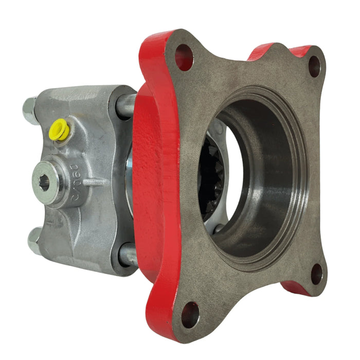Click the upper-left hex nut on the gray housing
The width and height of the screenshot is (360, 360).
[30, 110]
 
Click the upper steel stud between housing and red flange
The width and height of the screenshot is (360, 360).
[127, 105]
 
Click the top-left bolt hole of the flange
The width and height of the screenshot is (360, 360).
[184, 57]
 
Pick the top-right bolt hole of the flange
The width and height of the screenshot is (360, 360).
[314, 66]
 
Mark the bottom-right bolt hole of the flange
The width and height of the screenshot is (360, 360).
[317, 274]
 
